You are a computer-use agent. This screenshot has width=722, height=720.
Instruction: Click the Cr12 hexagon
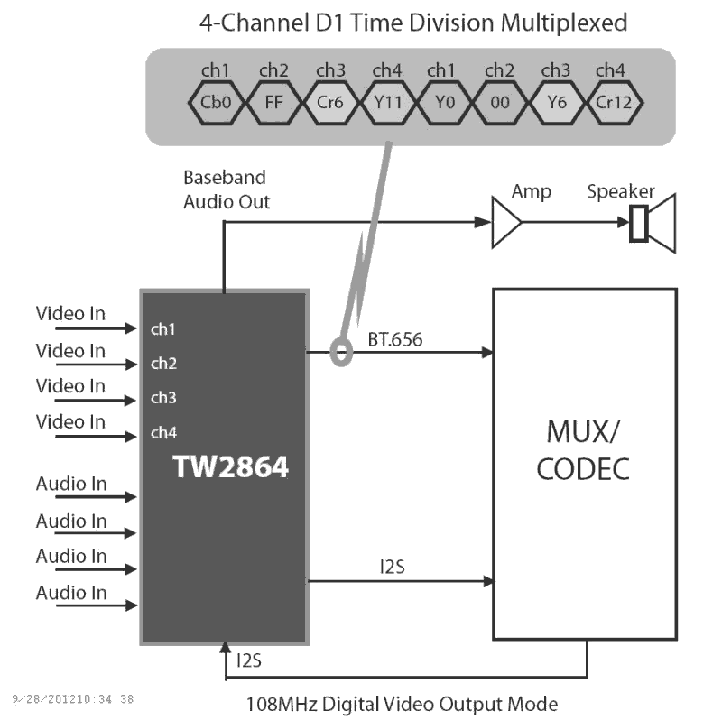(x=613, y=102)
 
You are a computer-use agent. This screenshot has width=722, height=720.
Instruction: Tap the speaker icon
(x=652, y=223)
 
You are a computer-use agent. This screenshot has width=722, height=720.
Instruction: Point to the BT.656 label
(x=394, y=340)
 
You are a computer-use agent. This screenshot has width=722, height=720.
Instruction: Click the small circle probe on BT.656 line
(x=342, y=352)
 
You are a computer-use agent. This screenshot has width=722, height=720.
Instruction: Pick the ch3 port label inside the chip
(x=163, y=398)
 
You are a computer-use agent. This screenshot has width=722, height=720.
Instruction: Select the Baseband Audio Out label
(x=227, y=189)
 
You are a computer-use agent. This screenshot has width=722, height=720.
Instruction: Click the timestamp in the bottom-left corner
(x=73, y=699)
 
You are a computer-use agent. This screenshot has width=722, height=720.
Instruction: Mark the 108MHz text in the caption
(x=282, y=702)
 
